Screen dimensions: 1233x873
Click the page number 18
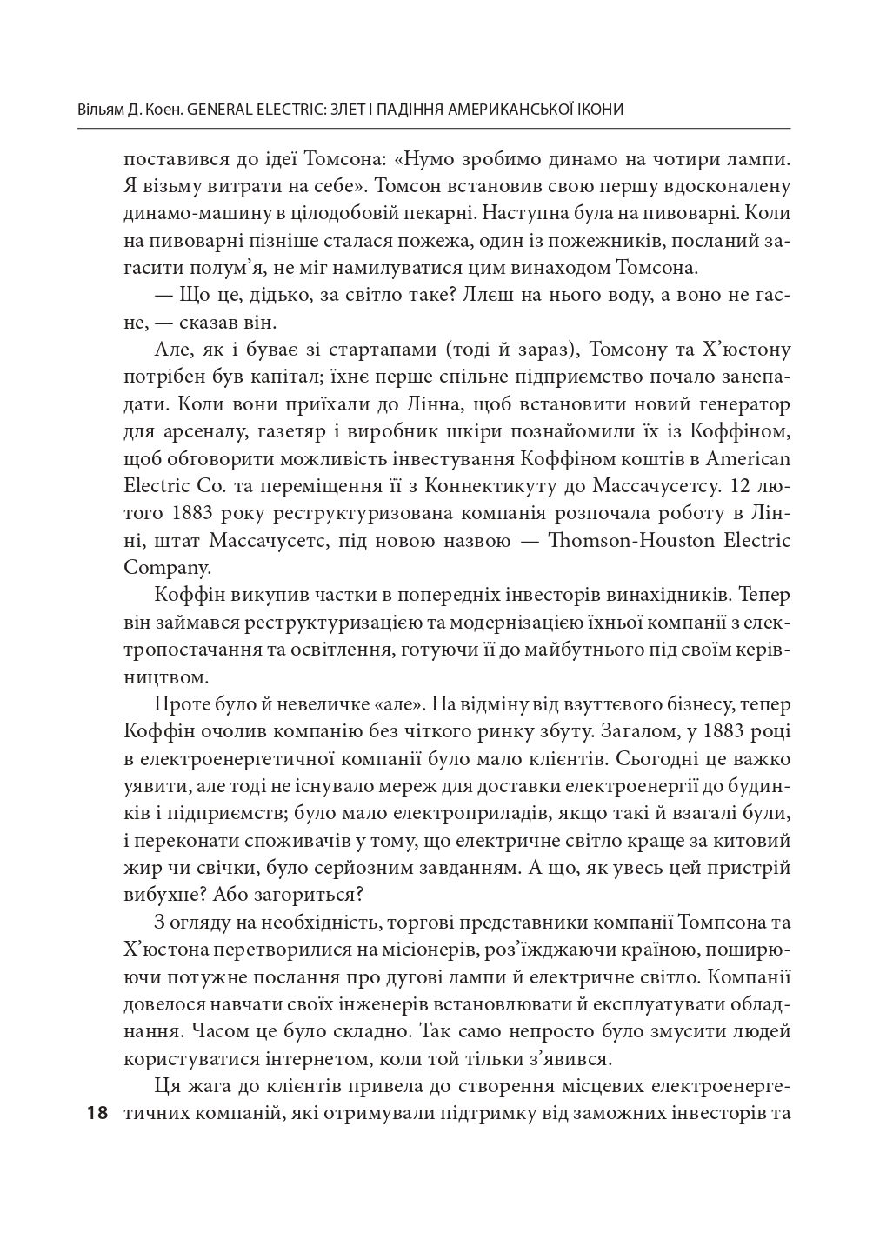coord(96,1113)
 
